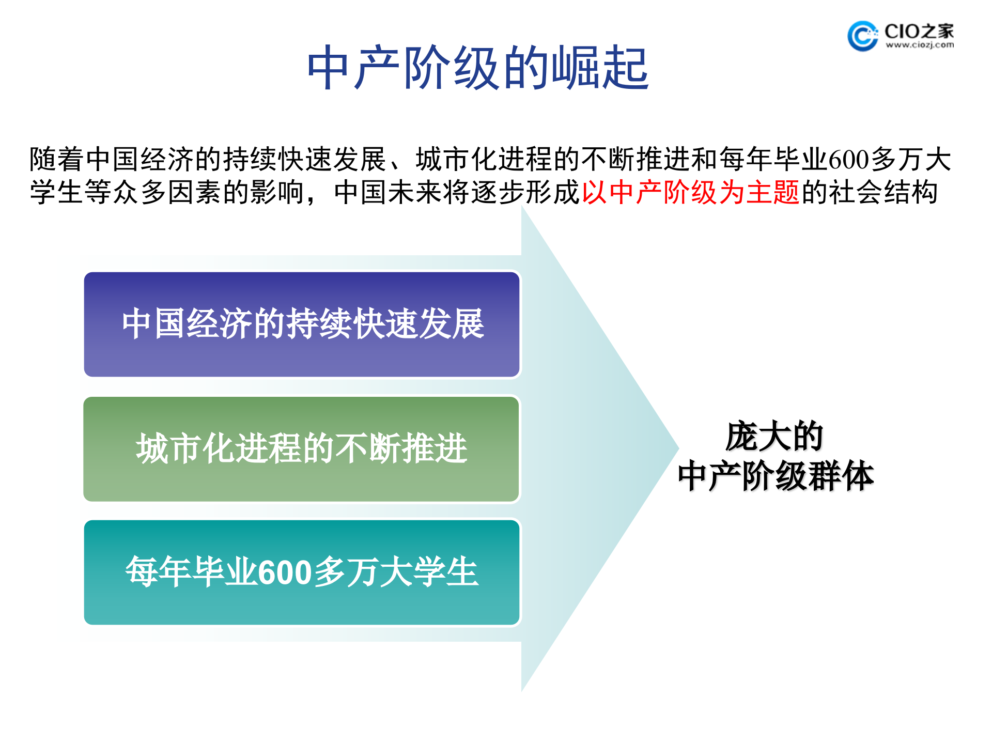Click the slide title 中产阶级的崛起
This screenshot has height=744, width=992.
tap(478, 68)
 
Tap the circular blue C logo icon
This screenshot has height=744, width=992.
tap(862, 36)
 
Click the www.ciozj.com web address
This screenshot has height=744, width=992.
tap(920, 45)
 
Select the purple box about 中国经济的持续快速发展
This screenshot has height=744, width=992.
tap(302, 324)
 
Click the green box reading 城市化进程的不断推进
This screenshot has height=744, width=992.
tap(302, 448)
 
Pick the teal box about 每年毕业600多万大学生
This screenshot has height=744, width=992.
tap(302, 572)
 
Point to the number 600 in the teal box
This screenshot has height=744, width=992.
tap(285, 572)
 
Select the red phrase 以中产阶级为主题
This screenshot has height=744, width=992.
tap(690, 192)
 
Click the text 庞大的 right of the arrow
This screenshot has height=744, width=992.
tap(774, 437)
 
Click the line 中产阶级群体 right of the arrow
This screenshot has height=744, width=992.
tap(775, 476)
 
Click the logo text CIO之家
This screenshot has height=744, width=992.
tap(919, 31)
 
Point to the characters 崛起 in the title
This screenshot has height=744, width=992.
tap(599, 68)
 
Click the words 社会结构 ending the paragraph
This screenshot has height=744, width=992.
tap(884, 192)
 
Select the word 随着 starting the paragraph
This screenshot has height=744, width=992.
tap(57, 159)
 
